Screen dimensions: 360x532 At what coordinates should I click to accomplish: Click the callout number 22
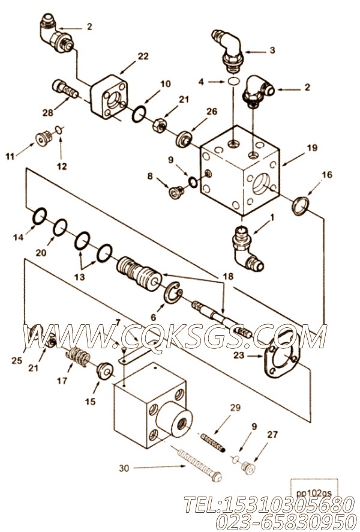tap(143, 56)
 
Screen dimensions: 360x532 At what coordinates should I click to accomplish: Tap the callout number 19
tap(312, 148)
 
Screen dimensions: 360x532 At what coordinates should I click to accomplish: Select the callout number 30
tap(124, 468)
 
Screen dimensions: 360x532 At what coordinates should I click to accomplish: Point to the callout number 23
tap(239, 355)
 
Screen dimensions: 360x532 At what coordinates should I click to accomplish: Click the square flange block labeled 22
tap(109, 97)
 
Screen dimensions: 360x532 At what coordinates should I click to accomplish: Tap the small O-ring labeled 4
tap(234, 82)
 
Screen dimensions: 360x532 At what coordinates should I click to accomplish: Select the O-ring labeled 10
tap(139, 114)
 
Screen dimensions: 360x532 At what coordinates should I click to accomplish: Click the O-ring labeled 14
tap(40, 217)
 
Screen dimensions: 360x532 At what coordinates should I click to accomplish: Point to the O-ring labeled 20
tap(60, 227)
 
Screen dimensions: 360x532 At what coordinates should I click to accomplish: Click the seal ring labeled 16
tap(301, 207)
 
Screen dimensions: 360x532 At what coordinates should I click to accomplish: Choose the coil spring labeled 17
tap(78, 358)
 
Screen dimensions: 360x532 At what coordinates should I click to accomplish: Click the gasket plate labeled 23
tap(281, 355)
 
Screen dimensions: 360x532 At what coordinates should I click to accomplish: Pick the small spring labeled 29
tap(213, 443)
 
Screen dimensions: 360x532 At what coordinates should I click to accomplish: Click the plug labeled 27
tap(248, 469)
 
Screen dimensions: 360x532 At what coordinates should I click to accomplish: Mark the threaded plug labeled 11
tap(44, 139)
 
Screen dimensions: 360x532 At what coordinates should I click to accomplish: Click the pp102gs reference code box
tap(314, 489)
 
